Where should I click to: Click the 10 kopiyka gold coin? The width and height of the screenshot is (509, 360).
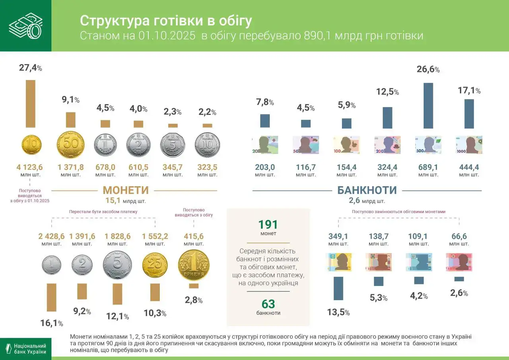pyautogui.click(x=31, y=145)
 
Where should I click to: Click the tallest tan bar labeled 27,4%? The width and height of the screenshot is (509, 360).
pyautogui.click(x=31, y=103)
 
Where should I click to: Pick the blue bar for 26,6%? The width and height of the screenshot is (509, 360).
pyautogui.click(x=428, y=105)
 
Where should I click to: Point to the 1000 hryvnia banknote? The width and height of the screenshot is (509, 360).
pyautogui.click(x=469, y=145)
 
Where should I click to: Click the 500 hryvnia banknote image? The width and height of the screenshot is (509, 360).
pyautogui.click(x=428, y=145)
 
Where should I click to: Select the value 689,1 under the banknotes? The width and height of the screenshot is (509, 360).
pyautogui.click(x=428, y=167)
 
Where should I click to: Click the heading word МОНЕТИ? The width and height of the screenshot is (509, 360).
pyautogui.click(x=126, y=190)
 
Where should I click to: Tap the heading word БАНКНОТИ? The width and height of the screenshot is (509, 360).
pyautogui.click(x=367, y=190)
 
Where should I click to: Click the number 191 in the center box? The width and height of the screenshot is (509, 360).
pyautogui.click(x=268, y=225)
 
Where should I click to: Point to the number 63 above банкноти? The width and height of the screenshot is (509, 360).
pyautogui.click(x=268, y=304)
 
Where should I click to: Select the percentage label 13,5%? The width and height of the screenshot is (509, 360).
pyautogui.click(x=338, y=312)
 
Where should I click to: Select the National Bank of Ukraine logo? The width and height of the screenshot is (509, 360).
pyautogui.click(x=25, y=348)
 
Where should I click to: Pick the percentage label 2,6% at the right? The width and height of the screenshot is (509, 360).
pyautogui.click(x=459, y=293)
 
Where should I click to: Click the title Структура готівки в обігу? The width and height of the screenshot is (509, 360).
pyautogui.click(x=166, y=21)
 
